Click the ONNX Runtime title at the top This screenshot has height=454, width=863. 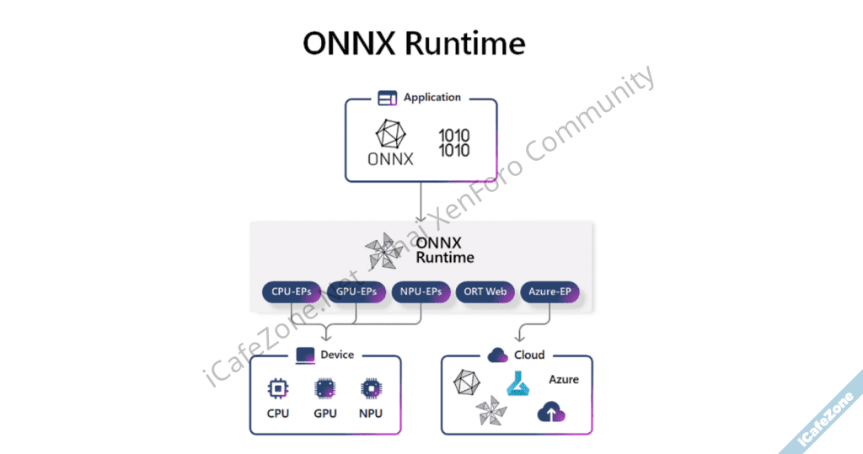coord(414,45)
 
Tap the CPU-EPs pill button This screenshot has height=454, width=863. coord(291,292)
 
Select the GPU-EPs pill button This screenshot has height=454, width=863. coord(356,292)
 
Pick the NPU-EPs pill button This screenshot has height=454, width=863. coord(421,292)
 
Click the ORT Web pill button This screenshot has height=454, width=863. coord(485,292)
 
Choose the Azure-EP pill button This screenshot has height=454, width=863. coord(550,292)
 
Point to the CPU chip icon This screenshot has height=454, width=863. coord(277,388)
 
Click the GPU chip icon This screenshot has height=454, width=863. coord(324,388)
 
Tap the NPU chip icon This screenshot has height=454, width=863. coord(371,388)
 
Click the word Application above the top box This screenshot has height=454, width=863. coord(432,98)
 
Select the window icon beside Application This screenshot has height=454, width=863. coord(387,99)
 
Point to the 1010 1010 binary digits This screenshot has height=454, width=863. coord(453,142)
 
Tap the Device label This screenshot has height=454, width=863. coord(337,355)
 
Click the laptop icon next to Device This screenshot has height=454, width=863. coord(305,355)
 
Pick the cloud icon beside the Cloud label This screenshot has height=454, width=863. coord(497,355)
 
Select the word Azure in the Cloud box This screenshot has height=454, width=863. coord(564,380)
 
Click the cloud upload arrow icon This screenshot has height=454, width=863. coord(551,412)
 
